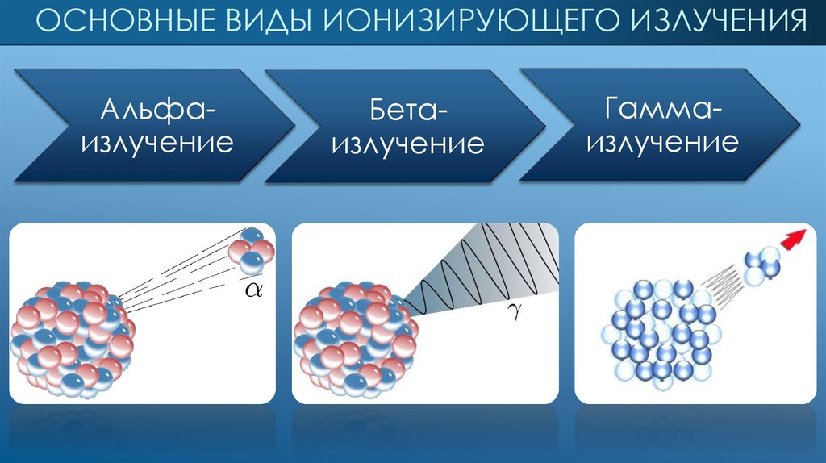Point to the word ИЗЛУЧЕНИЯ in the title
coord(716,20)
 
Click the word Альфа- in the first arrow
coord(158,110)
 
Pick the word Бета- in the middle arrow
coord(407,110)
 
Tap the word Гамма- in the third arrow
coord(663,109)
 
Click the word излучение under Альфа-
coord(157,144)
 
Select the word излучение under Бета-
coord(407,144)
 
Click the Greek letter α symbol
coord(254,289)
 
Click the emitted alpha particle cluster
coord(252,251)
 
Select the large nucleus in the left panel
coord(72,340)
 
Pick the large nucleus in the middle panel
coord(356,340)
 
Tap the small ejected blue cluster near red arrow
coord(762,265)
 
